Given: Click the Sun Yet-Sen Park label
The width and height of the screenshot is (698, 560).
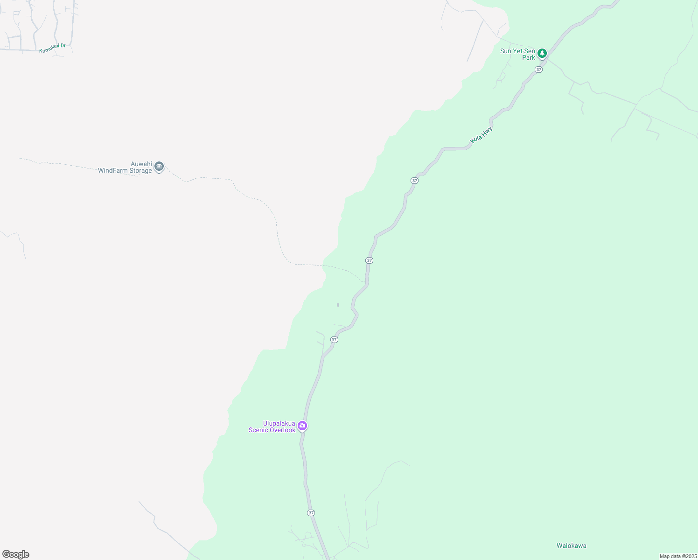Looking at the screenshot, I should pos(518,54).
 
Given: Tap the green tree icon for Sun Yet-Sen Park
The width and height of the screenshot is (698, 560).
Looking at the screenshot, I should pos(542,53).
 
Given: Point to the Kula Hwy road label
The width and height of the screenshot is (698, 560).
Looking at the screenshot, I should pos(482,134).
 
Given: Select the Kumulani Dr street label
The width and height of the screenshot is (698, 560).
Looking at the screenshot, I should pos(52,48).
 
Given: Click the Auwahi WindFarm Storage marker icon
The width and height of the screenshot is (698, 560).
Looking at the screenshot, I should pos(159,167).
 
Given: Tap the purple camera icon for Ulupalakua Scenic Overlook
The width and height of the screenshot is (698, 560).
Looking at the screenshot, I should pos(302,426).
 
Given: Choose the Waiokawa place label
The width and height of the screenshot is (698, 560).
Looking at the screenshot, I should pos(571,546).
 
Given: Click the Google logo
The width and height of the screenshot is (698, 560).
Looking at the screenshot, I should pos(15,554).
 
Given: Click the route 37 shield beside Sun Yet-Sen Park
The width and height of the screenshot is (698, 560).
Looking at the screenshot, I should pos(539,70).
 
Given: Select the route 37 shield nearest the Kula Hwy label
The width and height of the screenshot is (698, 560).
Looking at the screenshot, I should pos(414,180).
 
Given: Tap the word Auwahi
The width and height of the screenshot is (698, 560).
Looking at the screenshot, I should pos(141,164).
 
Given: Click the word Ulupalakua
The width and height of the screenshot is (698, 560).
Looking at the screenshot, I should pos(279,423).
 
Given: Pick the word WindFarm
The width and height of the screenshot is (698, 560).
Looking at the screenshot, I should pos(112,170).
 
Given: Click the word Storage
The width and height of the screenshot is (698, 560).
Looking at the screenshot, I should pos(140,170).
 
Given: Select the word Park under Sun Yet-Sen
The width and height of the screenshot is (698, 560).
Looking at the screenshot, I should pos(529,57).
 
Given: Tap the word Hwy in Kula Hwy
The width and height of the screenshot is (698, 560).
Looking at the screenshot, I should pos(487,131).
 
